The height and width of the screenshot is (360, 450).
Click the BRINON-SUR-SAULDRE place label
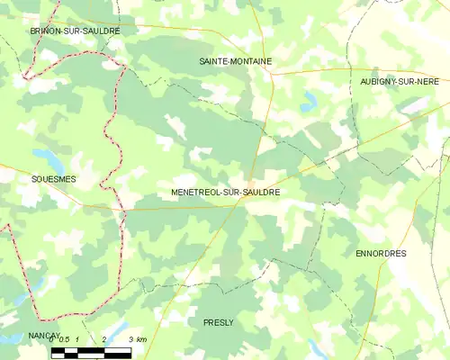[75, 31]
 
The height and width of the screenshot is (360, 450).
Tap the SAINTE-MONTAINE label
[235, 61]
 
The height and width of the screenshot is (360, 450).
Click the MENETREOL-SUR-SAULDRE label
[225, 193]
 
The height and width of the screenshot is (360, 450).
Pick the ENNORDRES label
[381, 254]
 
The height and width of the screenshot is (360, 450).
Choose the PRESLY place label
[219, 321]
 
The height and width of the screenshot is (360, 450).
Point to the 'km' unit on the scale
[141, 338]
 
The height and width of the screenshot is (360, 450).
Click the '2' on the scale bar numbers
[105, 338]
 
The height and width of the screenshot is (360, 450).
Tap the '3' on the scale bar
[130, 338]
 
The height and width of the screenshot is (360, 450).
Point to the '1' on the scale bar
[79, 338]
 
